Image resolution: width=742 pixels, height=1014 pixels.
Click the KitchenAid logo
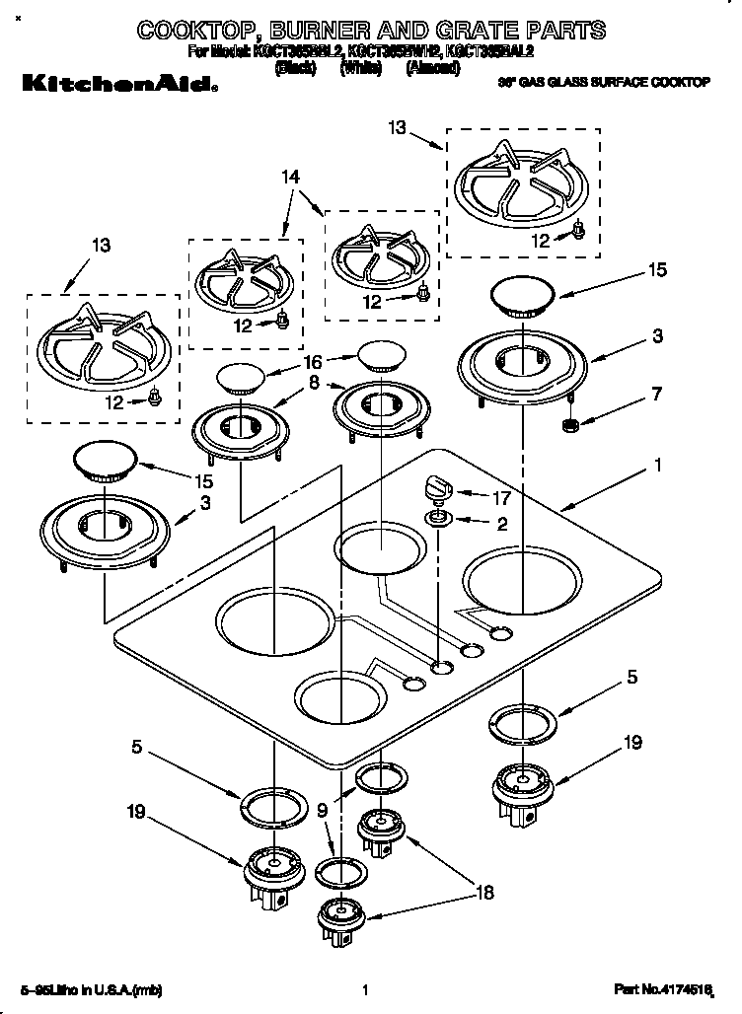[113, 86]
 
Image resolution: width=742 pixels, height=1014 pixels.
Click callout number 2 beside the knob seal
[502, 525]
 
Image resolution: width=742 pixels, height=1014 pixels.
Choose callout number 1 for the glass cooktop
[658, 464]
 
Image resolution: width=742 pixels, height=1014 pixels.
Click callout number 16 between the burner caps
[313, 363]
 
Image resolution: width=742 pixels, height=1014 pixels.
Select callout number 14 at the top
[290, 178]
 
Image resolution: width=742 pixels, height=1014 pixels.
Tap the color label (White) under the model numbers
[361, 68]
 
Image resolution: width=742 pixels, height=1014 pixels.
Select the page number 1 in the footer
[365, 989]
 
